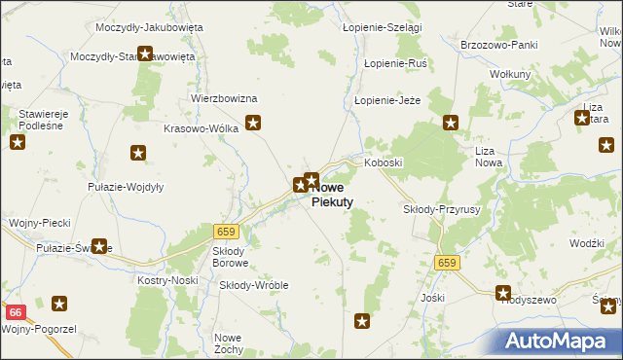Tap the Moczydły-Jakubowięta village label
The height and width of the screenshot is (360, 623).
(x=149, y=27)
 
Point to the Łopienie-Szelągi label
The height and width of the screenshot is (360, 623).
(x=383, y=28)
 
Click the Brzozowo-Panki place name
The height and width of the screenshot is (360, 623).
(x=499, y=45)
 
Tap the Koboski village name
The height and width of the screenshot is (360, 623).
(x=384, y=163)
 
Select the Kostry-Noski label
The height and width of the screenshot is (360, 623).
(x=167, y=280)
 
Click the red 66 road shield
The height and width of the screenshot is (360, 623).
(x=15, y=312)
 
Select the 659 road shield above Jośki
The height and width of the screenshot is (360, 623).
(x=447, y=263)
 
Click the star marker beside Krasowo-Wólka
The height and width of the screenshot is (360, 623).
(x=253, y=123)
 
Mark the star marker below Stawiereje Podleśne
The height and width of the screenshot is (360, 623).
(x=18, y=143)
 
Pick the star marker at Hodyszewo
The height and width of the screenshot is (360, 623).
(x=503, y=292)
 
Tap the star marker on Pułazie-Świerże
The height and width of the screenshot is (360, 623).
(x=98, y=247)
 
